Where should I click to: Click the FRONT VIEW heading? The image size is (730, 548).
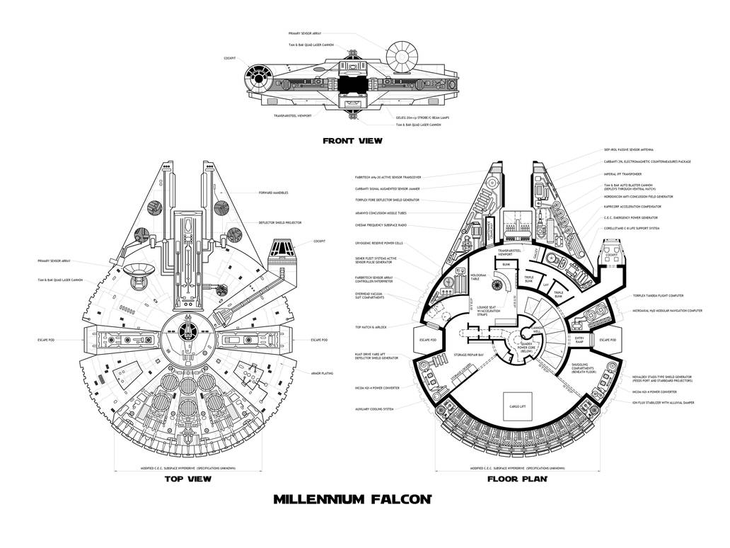coord(352,141)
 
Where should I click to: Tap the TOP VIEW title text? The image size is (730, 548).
coord(187,479)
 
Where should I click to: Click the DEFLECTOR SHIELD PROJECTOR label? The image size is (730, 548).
coord(282,222)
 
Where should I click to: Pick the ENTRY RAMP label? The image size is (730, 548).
coord(579,341)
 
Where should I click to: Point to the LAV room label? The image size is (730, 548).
coord(546,285)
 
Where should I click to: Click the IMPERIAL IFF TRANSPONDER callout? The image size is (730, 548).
coord(622,173)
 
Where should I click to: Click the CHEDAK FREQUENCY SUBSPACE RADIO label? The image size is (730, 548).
coord(381,225)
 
